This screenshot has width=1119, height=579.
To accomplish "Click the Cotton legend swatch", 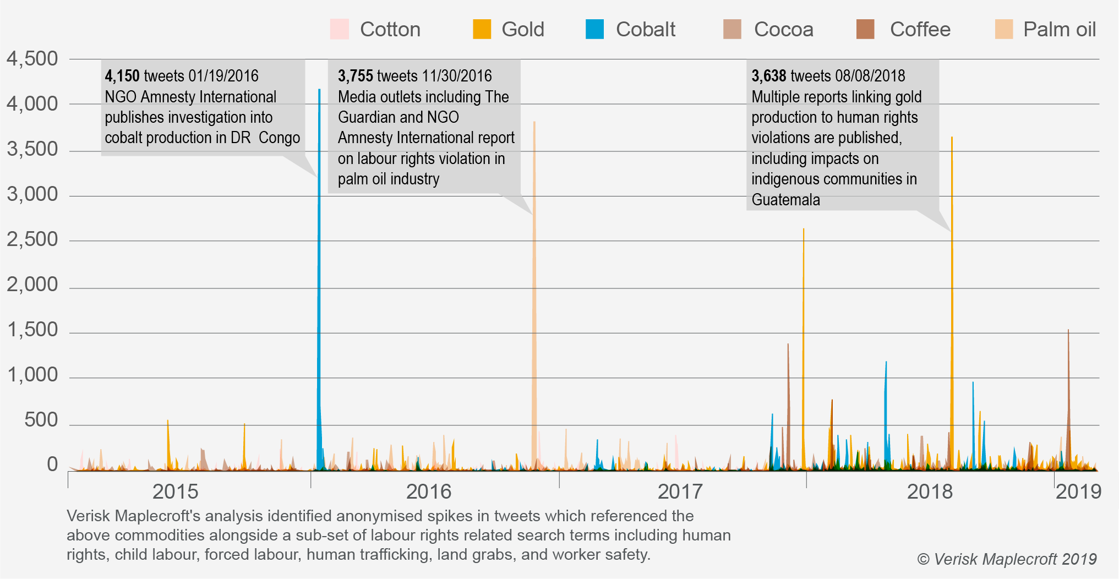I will coord(339,29).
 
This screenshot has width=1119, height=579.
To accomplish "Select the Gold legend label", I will coord(522,29).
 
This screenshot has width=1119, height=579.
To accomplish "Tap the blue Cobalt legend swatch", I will coord(594,29).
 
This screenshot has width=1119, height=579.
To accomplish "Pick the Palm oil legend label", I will coord(1059,29).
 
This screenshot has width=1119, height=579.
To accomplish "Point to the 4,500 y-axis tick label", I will coord(32,59).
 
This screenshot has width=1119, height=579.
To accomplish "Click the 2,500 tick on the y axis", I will coord(32,239).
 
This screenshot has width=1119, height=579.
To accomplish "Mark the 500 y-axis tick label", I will coord(41,420).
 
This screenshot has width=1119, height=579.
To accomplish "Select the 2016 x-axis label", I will coord(428,491).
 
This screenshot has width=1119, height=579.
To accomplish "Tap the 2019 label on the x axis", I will coord(1078,491).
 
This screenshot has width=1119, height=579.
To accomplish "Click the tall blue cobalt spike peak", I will coord(319,91).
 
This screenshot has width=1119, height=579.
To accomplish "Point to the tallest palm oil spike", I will coord(534,123).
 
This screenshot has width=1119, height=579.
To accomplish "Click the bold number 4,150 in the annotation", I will coord(122,76).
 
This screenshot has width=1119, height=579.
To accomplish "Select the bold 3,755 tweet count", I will coord(355,76).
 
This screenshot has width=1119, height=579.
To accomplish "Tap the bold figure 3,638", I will coord(769,76).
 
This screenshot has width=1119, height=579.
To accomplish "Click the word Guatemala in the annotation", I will coord(785,200).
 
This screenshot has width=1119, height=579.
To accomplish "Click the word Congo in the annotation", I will coord(279,138).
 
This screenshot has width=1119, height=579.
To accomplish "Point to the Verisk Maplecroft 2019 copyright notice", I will coord(1007,559).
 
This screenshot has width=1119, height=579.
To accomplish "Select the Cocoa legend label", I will coord(783,29).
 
